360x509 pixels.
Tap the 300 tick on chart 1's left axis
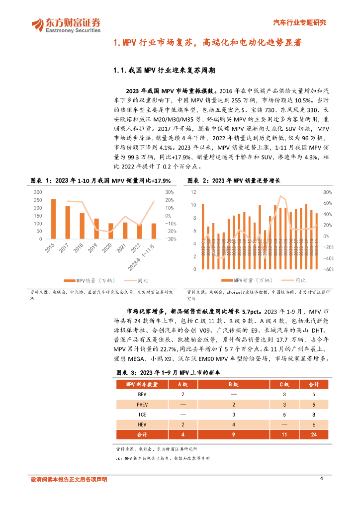(38, 192)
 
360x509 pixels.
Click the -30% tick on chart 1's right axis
(171, 239)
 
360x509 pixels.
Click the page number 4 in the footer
(322, 478)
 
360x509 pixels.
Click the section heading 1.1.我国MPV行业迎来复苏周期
(165, 71)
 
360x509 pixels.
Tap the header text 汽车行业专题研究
(300, 22)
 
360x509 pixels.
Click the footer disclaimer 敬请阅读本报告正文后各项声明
(69, 479)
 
